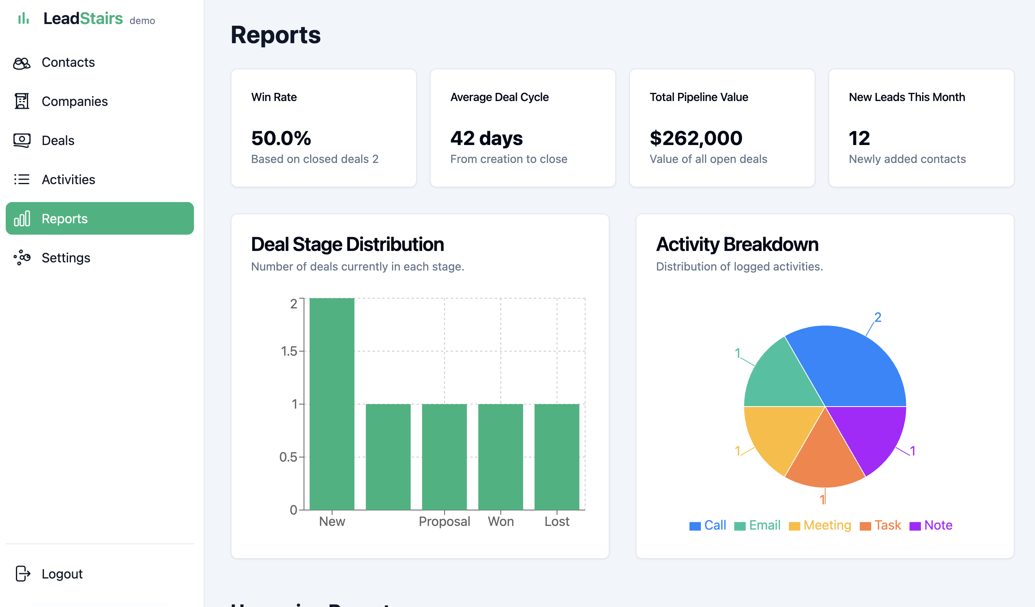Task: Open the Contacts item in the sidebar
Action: click(68, 62)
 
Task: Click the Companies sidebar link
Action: click(74, 101)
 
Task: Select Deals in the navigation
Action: click(58, 141)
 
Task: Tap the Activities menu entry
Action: click(68, 180)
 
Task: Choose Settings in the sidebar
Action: click(66, 258)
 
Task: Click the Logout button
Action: click(62, 574)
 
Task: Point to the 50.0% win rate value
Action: click(281, 139)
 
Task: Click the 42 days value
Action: click(486, 139)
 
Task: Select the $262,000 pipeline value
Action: click(696, 139)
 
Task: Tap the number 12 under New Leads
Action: click(859, 139)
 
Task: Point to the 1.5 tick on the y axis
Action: click(289, 351)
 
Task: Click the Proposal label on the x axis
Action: click(444, 521)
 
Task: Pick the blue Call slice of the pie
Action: click(854, 369)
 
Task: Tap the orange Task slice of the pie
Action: click(825, 460)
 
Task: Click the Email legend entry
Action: click(764, 525)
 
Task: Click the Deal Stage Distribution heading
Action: click(347, 244)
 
